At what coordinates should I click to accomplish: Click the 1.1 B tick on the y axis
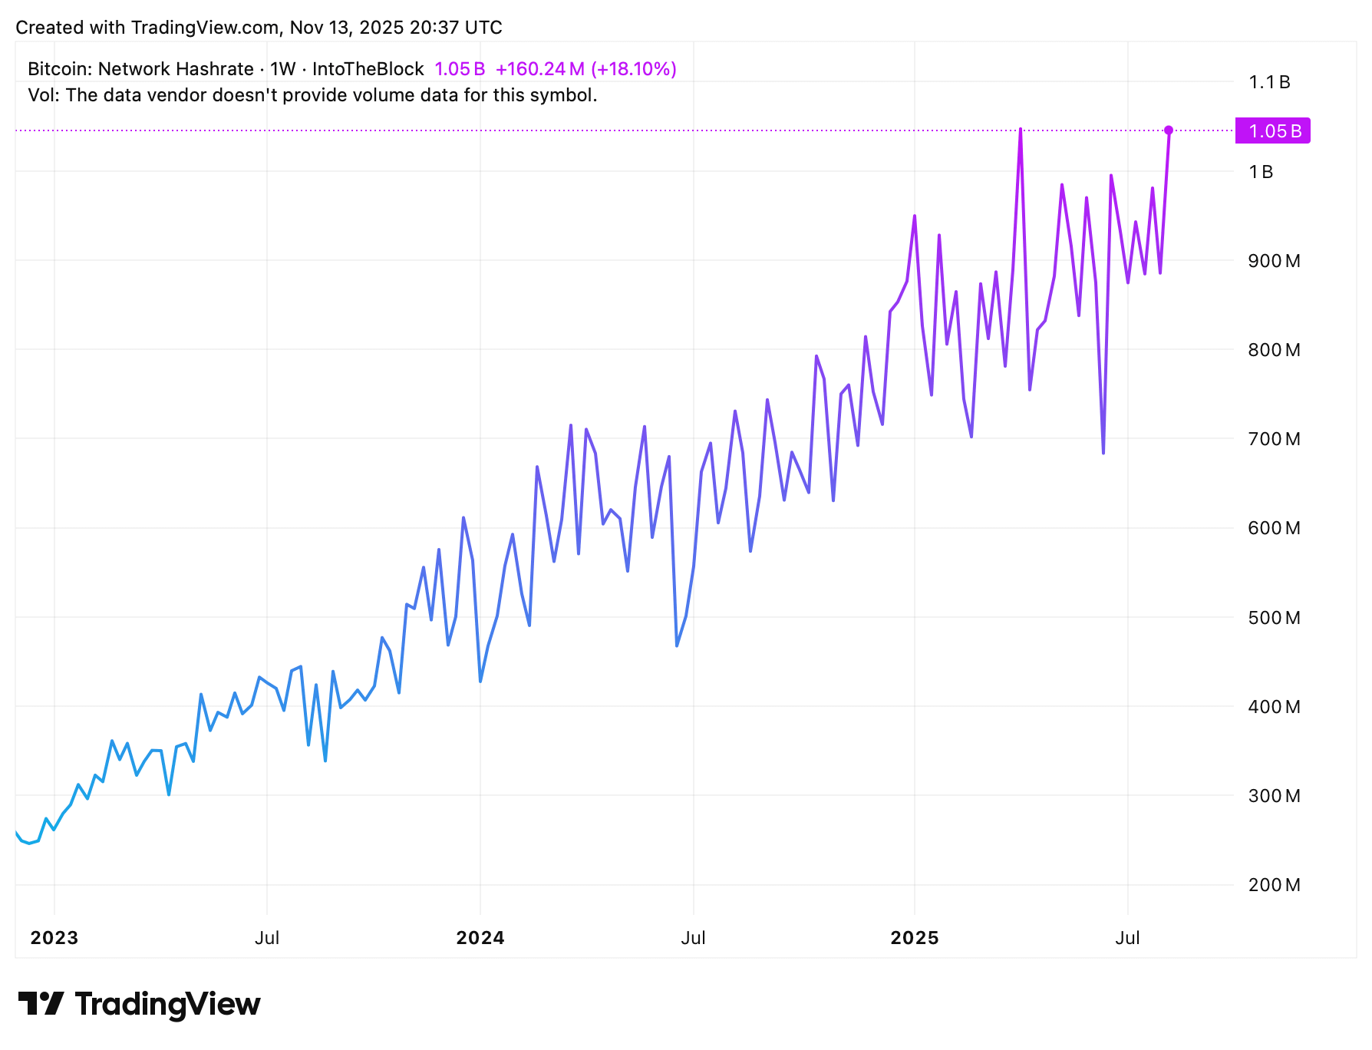(1269, 82)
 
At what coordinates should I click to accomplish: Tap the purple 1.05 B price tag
(1273, 131)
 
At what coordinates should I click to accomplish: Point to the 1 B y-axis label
(1261, 172)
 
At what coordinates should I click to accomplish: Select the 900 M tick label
(1274, 261)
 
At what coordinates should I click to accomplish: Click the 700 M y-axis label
(1274, 439)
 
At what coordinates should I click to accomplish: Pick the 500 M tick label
(1274, 618)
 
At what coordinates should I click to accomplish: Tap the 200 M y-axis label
(1274, 885)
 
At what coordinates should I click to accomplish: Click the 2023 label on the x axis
(54, 938)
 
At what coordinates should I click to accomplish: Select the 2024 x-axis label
(480, 938)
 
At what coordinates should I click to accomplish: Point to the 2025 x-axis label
(915, 938)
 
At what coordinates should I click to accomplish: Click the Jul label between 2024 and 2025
(693, 938)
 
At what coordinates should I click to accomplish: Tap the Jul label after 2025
(1127, 938)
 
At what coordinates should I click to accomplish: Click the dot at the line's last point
(1169, 130)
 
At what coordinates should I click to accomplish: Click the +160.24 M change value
(540, 69)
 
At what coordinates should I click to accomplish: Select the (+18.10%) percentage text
(634, 69)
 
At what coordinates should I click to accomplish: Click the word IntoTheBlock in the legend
(368, 69)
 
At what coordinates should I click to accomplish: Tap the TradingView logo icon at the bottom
(41, 1004)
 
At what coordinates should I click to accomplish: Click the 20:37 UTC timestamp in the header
(456, 28)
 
